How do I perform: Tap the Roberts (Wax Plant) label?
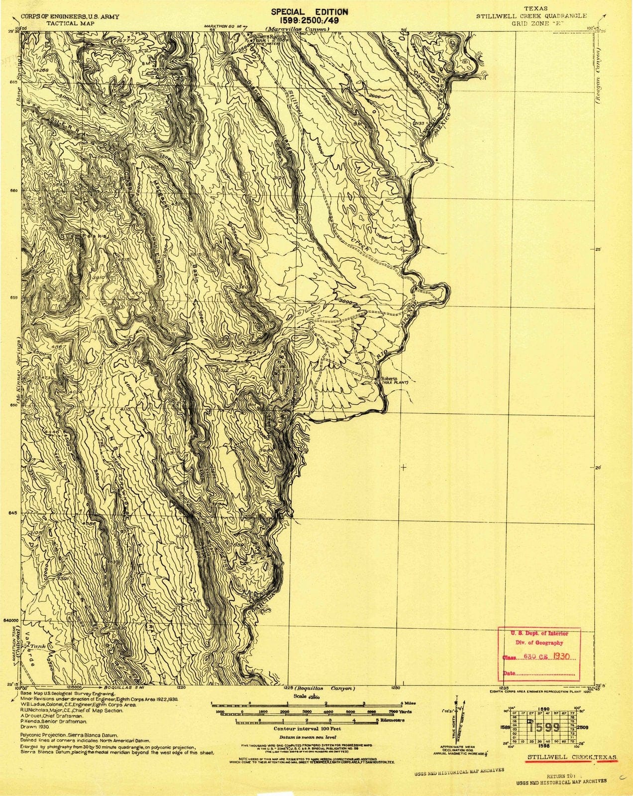click(x=394, y=380)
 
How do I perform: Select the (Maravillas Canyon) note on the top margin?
click(x=297, y=29)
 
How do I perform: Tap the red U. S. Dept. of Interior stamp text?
click(x=539, y=634)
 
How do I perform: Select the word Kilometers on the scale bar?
click(x=393, y=720)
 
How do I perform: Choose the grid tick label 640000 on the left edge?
click(x=10, y=621)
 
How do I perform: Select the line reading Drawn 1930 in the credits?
click(x=34, y=726)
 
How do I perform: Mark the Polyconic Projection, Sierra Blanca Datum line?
click(x=70, y=734)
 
